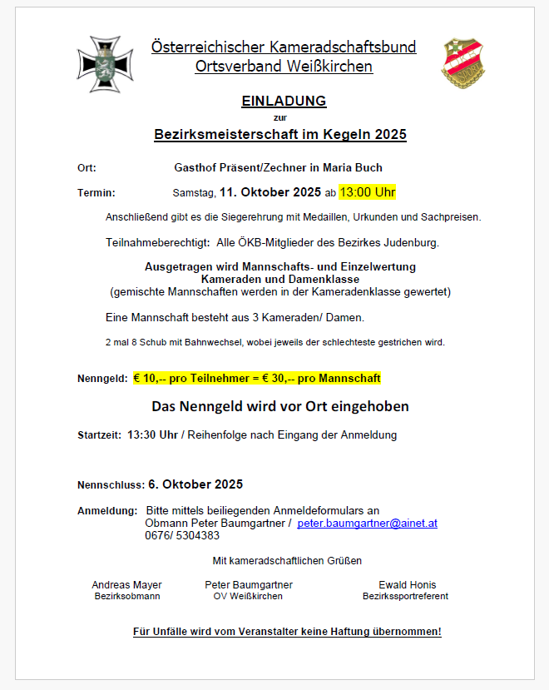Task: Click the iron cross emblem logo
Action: pyautogui.click(x=105, y=64)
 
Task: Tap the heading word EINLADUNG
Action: pyautogui.click(x=284, y=102)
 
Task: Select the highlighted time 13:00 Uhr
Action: pyautogui.click(x=367, y=192)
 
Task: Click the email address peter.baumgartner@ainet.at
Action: pyautogui.click(x=367, y=524)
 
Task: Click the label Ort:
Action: pyautogui.click(x=87, y=167)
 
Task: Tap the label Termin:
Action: pyautogui.click(x=96, y=193)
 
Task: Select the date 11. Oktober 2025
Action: pyautogui.click(x=270, y=192)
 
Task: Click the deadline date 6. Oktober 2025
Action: pyautogui.click(x=195, y=484)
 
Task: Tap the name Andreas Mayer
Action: pyautogui.click(x=126, y=585)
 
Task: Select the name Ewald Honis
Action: pyautogui.click(x=407, y=585)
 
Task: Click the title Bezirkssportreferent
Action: pyautogui.click(x=405, y=597)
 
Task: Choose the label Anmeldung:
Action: pyautogui.click(x=107, y=510)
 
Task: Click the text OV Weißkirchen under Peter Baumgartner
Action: pyautogui.click(x=248, y=597)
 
